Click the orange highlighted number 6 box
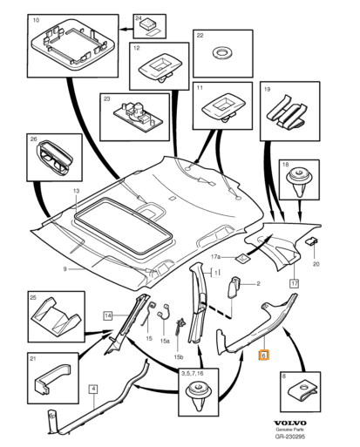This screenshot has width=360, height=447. [264, 355]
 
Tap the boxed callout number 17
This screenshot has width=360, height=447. [295, 283]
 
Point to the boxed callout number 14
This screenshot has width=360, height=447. [108, 315]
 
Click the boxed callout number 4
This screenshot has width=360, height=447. [93, 389]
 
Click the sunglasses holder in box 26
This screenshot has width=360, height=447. [54, 158]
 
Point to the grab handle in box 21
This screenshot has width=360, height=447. [52, 377]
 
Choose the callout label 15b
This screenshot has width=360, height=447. [179, 357]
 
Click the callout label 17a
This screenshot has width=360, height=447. [215, 257]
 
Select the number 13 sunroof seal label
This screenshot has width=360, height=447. [76, 191]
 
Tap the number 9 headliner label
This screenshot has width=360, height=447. [65, 269]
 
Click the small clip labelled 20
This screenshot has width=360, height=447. [311, 240]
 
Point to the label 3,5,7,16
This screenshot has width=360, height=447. [192, 374]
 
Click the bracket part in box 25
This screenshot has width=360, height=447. [56, 315]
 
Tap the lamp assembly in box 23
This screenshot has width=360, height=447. [134, 115]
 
